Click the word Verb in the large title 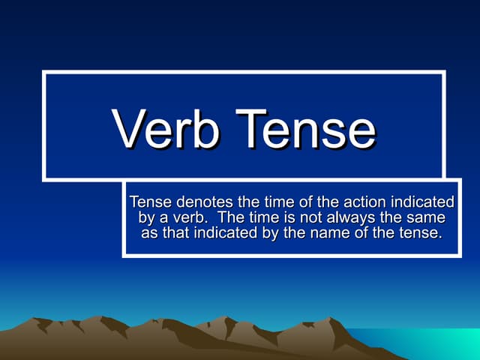click(x=166, y=129)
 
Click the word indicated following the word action click(x=425, y=202)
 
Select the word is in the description click(x=281, y=217)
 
